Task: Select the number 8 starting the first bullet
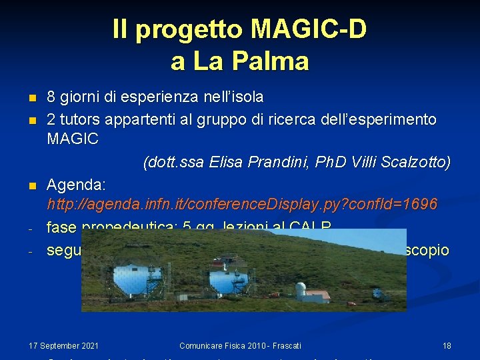(x=51, y=97)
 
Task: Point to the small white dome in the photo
(x=301, y=289)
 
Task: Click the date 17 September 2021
(x=64, y=345)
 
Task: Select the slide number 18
(x=447, y=345)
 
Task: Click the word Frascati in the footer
(x=285, y=345)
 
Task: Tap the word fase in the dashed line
(x=61, y=228)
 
